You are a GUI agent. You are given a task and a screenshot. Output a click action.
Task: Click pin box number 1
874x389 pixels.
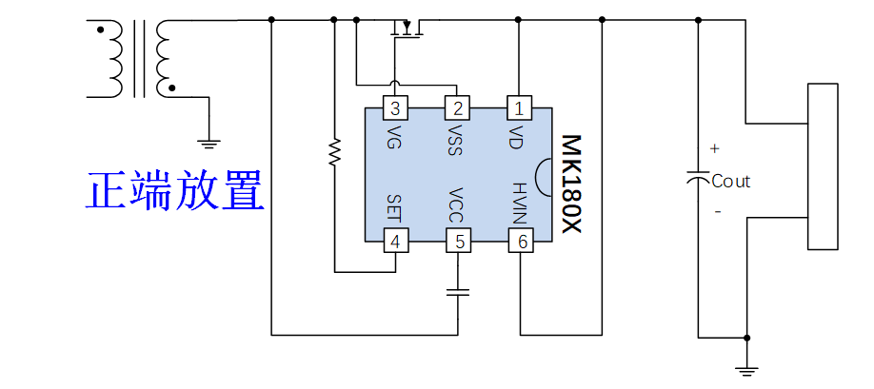pos(520,108)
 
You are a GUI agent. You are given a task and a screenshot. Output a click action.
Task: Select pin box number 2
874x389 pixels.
pos(457,108)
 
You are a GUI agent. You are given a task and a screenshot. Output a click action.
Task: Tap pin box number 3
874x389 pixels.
pos(395,108)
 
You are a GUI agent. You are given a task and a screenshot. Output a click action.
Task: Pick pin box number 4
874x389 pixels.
pos(395,241)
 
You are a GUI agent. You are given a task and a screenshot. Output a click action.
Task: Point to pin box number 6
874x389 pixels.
pos(521,241)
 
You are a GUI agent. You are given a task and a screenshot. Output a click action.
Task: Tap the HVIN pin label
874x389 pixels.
pos(519,204)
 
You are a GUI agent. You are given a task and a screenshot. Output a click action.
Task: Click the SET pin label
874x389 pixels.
pos(395,208)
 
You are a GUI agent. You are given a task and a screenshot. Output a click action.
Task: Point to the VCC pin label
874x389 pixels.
pos(457,204)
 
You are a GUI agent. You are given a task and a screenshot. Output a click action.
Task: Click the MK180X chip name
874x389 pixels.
pos(570,185)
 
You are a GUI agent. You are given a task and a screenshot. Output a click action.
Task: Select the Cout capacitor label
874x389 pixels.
pos(731,182)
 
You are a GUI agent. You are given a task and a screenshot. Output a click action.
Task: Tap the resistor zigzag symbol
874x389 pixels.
pos(334,152)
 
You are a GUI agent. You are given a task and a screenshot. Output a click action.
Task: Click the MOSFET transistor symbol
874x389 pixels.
pos(407,29)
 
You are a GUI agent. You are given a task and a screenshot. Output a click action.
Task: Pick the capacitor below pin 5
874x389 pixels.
pos(459,293)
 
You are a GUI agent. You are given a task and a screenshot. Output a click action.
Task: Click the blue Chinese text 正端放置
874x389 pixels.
pos(175,191)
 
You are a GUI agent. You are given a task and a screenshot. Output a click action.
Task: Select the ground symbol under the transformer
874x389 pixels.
pos(209,144)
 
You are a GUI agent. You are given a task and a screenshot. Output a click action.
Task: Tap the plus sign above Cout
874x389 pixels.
pos(715,149)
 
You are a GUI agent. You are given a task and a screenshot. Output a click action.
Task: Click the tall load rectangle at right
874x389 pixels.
pos(823,166)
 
